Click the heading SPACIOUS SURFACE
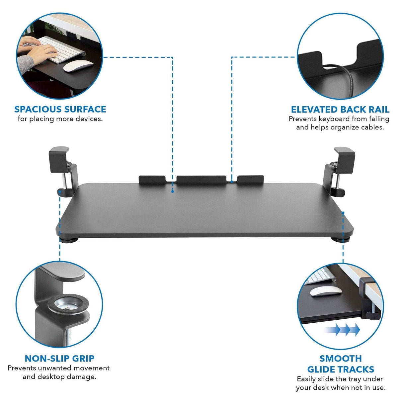click(x=60, y=109)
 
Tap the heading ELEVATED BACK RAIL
click(x=340, y=110)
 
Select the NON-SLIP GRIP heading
click(x=59, y=359)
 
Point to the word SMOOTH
click(x=341, y=359)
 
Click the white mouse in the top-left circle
click(x=78, y=65)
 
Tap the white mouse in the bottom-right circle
click(x=325, y=290)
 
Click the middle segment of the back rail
click(x=201, y=179)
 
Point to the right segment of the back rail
click(x=250, y=179)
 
